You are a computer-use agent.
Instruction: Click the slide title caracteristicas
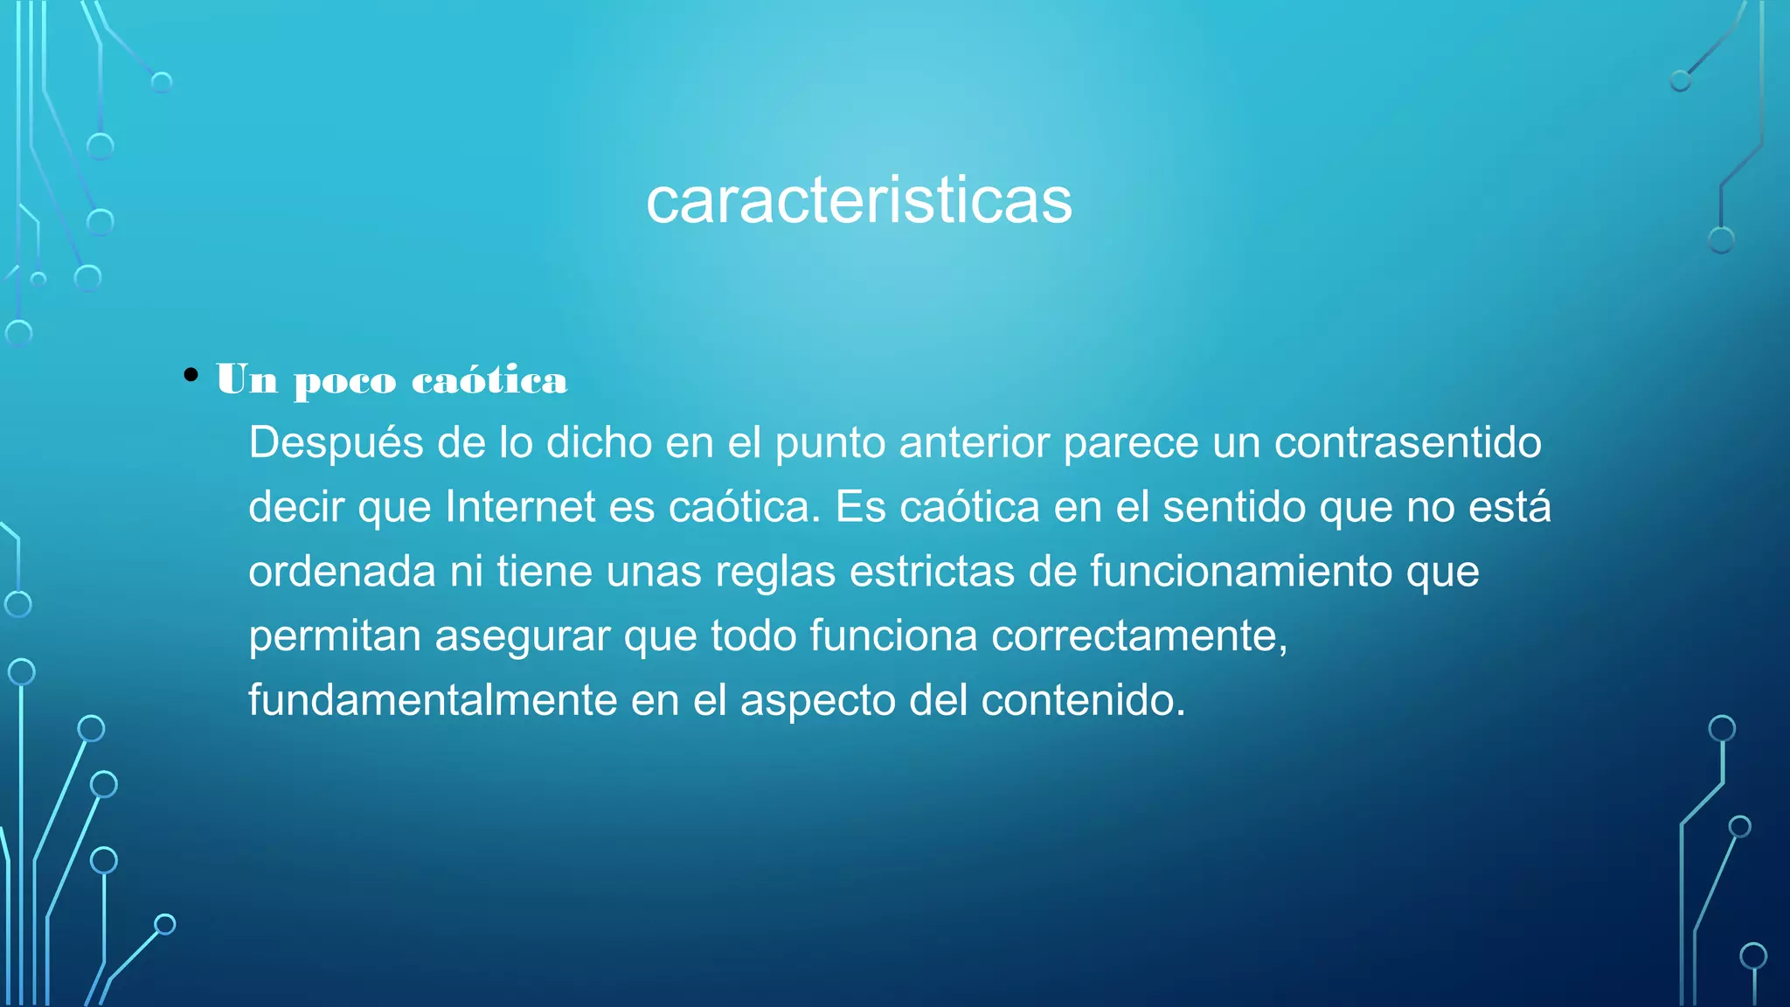pyautogui.click(x=858, y=201)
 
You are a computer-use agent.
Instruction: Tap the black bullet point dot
pyautogui.click(x=191, y=376)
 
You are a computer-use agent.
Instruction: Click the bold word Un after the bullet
pyautogui.click(x=247, y=379)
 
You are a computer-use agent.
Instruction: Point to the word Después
pyautogui.click(x=336, y=443)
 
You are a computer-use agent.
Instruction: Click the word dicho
pyautogui.click(x=599, y=442)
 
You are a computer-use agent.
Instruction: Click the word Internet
pyautogui.click(x=520, y=507)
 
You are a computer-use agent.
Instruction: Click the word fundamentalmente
pyautogui.click(x=433, y=700)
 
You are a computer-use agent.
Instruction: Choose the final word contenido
pyautogui.click(x=1083, y=700)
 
